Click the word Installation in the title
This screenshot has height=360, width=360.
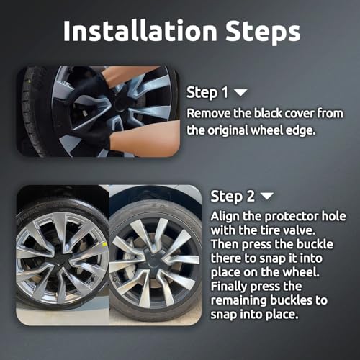coord(140,30)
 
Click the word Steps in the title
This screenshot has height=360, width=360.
coord(263,32)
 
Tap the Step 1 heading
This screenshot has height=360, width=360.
coord(207,93)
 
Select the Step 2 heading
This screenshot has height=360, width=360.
coord(233,197)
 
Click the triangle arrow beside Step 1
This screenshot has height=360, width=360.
coord(240,93)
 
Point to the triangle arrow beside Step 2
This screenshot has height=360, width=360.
coord(267,196)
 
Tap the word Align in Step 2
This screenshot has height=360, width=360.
coord(225,217)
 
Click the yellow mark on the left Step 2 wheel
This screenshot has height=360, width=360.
coord(104,244)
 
